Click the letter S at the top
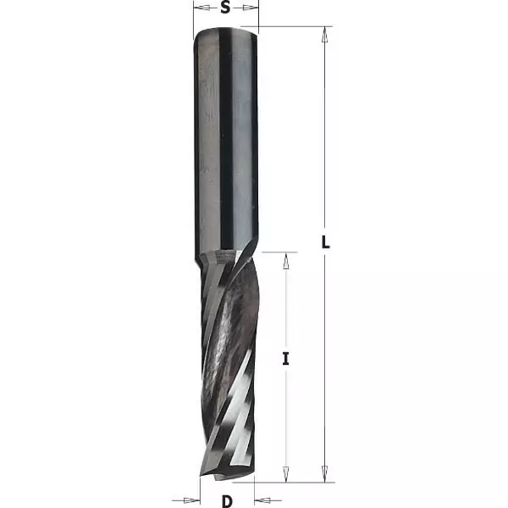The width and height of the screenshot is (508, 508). (x=226, y=9)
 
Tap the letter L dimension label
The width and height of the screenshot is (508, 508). (x=325, y=242)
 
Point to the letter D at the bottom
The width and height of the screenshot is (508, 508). (x=227, y=500)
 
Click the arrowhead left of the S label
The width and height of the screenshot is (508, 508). (x=201, y=8)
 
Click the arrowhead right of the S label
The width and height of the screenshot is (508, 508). (x=251, y=8)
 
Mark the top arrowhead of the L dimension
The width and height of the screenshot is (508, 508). (x=324, y=33)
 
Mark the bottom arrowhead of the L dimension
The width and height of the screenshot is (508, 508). (x=324, y=478)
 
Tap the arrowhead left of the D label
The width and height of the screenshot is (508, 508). (x=194, y=498)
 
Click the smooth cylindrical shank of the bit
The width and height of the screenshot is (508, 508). (x=226, y=144)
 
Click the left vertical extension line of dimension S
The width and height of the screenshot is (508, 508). (x=194, y=17)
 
